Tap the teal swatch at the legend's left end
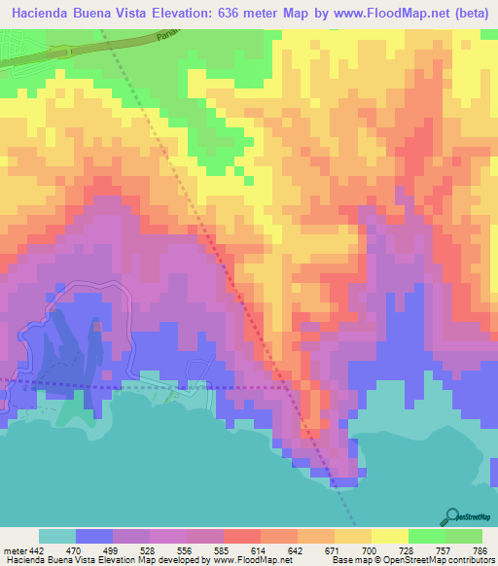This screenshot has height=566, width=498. pos(56,537)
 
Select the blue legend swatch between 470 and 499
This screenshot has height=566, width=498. pos(94,537)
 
